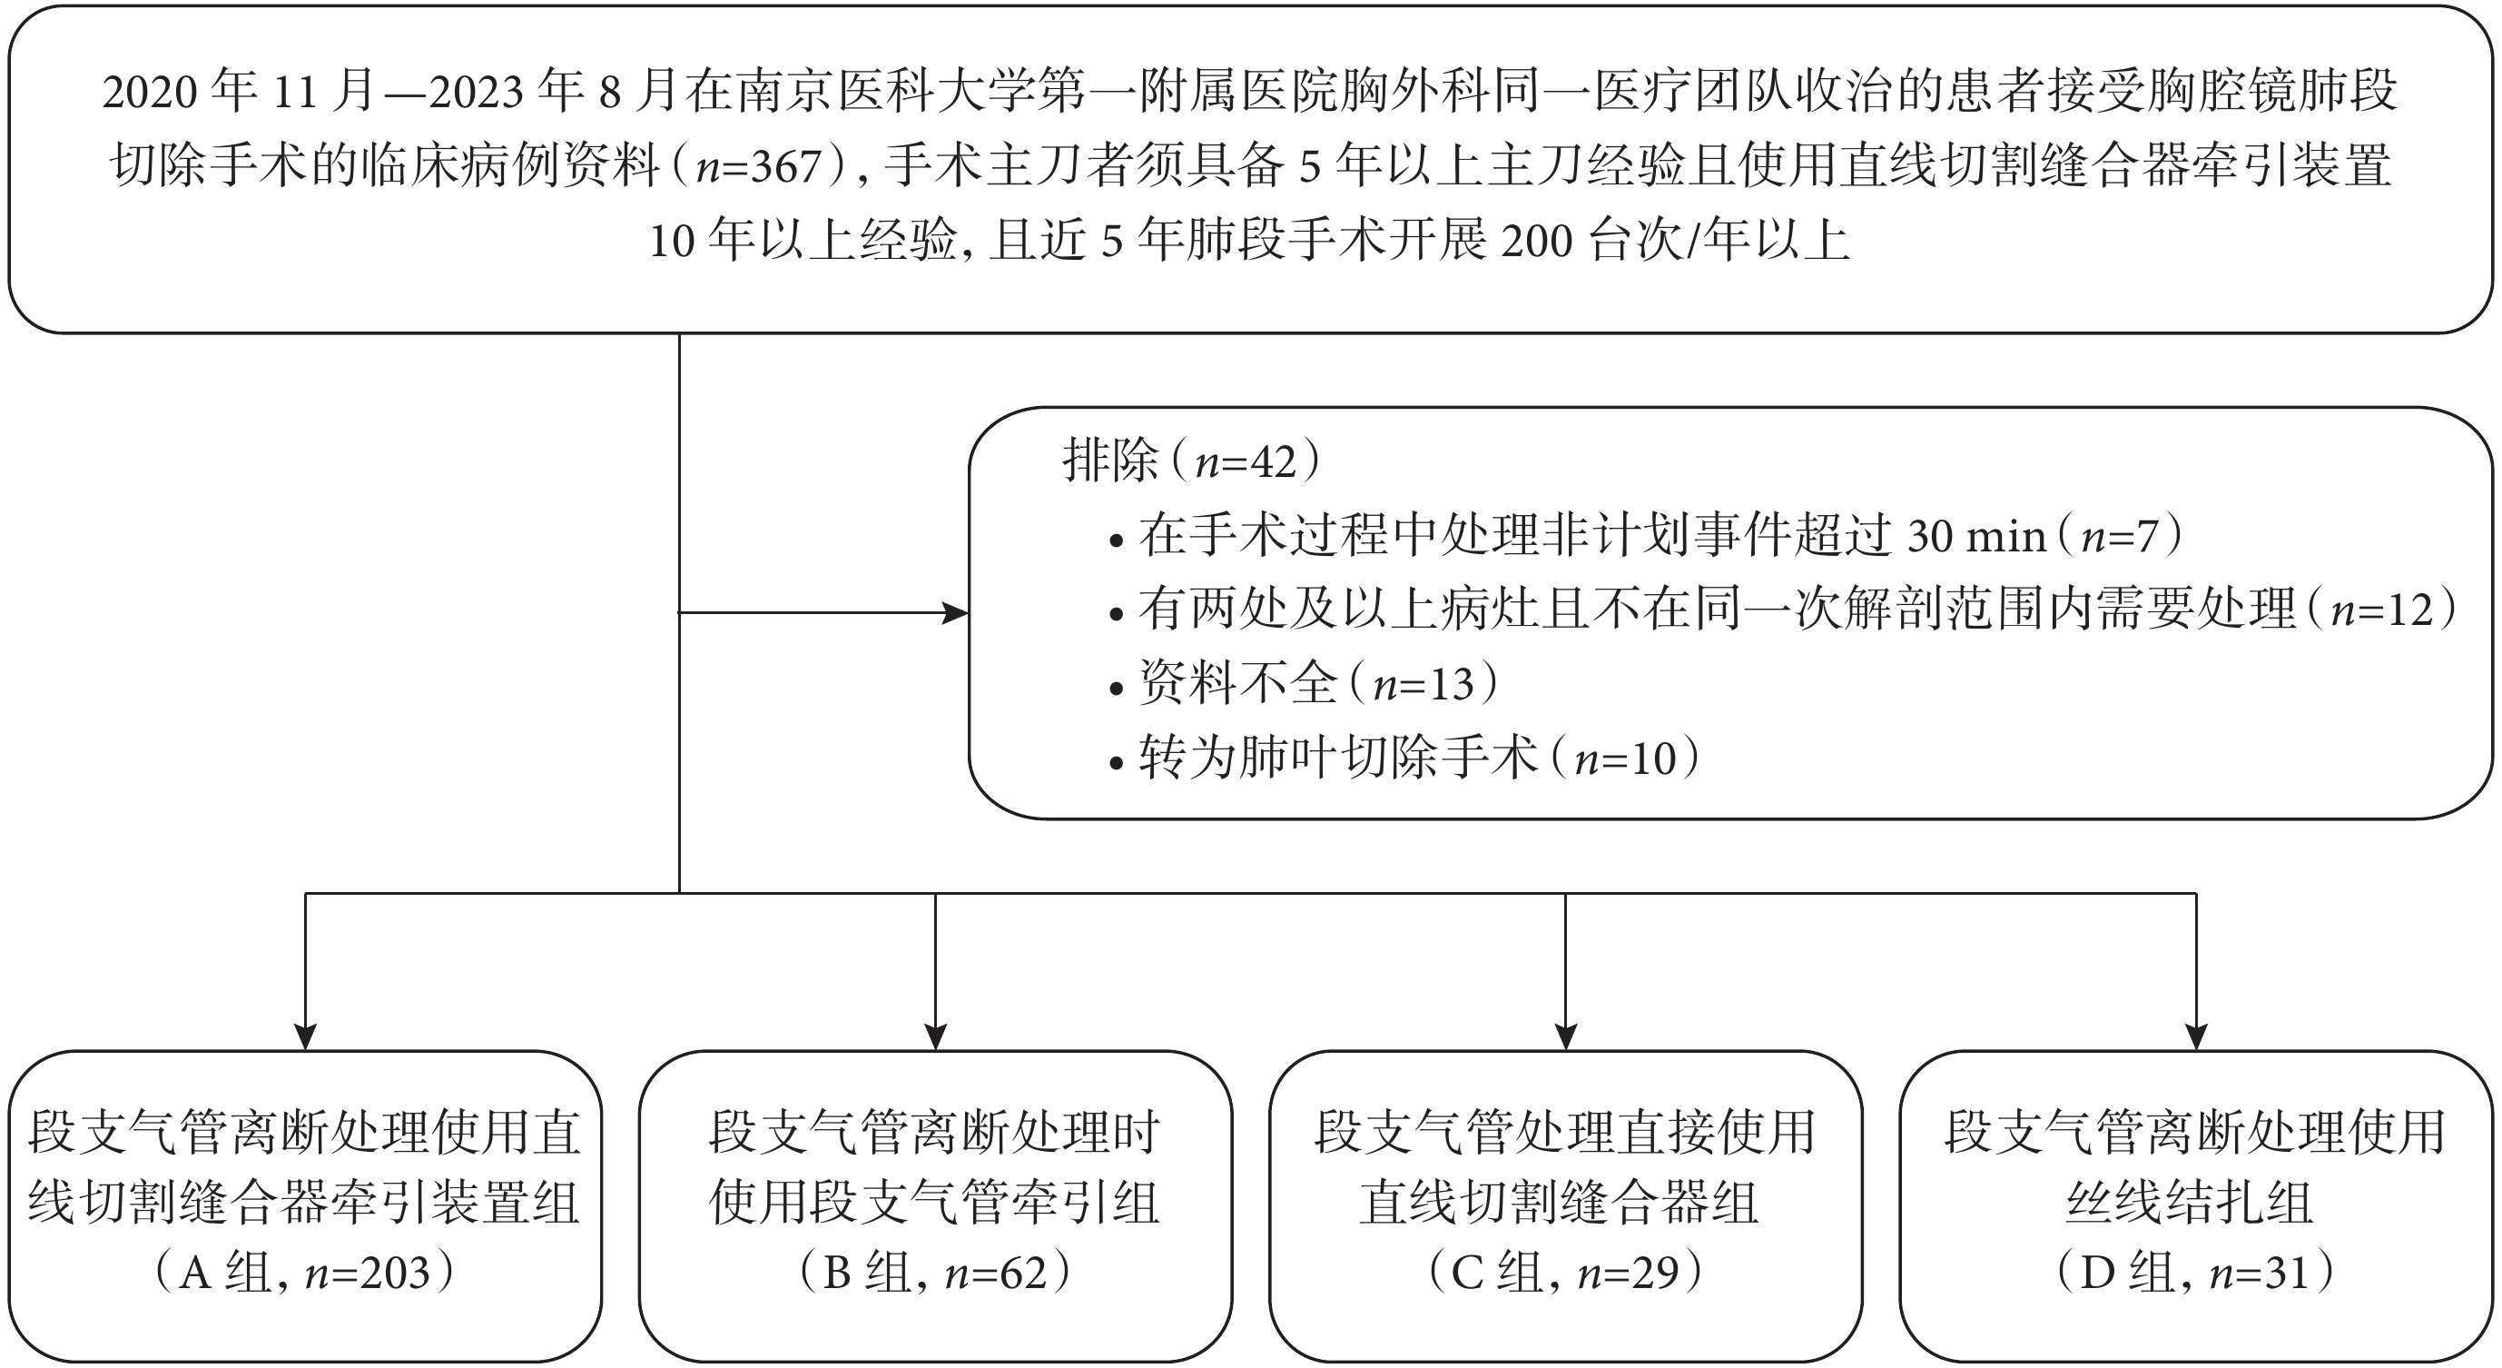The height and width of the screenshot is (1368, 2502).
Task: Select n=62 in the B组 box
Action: (996, 1274)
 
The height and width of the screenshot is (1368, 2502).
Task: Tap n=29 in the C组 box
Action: (1628, 1274)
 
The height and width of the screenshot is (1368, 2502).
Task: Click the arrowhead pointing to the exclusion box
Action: (956, 613)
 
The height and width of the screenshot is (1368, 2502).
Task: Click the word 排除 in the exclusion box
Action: (1110, 460)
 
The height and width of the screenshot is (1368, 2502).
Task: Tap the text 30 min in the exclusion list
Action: (1976, 536)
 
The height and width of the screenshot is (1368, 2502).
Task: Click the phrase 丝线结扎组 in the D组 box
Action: (2190, 1203)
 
